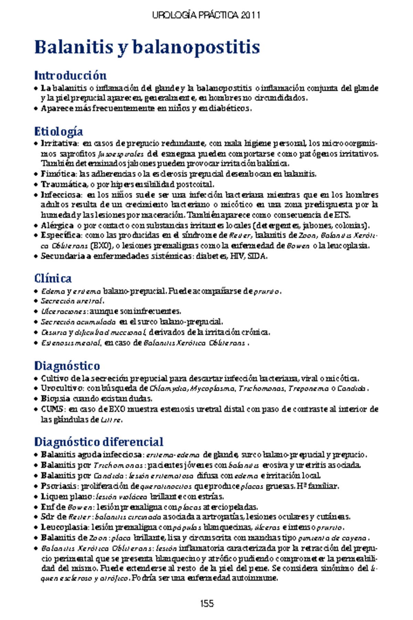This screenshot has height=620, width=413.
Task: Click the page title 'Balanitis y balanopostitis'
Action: point(147,48)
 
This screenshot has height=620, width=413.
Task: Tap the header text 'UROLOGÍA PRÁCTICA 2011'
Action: point(206,15)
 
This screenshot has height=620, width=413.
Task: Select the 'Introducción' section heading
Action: point(70,75)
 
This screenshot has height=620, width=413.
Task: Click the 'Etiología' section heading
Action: point(59,131)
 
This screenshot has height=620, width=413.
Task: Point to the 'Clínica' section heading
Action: point(53,278)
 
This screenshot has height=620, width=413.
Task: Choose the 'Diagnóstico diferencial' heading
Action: point(98,442)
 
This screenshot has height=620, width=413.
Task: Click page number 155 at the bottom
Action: point(206,603)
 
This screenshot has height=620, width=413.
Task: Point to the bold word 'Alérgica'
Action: point(57,226)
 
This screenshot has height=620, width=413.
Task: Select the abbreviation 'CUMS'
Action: point(52,409)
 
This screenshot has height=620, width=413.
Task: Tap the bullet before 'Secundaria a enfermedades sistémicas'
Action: point(36,257)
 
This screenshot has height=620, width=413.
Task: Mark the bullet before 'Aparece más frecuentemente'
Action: point(36,109)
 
